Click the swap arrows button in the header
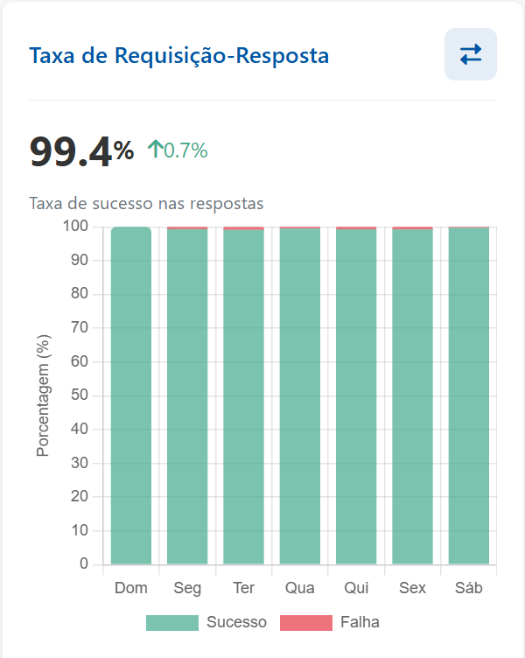tap(471, 54)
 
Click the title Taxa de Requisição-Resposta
tap(179, 56)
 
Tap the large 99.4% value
tap(81, 151)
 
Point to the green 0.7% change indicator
tap(178, 150)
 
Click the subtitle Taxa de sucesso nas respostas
tap(146, 203)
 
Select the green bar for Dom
tap(131, 394)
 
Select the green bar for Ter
tap(243, 394)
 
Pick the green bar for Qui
tap(356, 394)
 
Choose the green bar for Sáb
tap(469, 394)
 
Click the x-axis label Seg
tap(187, 587)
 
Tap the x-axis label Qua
tap(300, 587)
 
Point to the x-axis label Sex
tap(412, 587)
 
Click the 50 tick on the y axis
tap(80, 395)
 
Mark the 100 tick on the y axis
tap(76, 227)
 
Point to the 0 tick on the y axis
tap(84, 564)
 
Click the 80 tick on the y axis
tap(80, 294)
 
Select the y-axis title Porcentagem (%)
tap(42, 395)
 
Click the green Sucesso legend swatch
tap(172, 622)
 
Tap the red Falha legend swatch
tap(306, 622)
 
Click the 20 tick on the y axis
tap(80, 496)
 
